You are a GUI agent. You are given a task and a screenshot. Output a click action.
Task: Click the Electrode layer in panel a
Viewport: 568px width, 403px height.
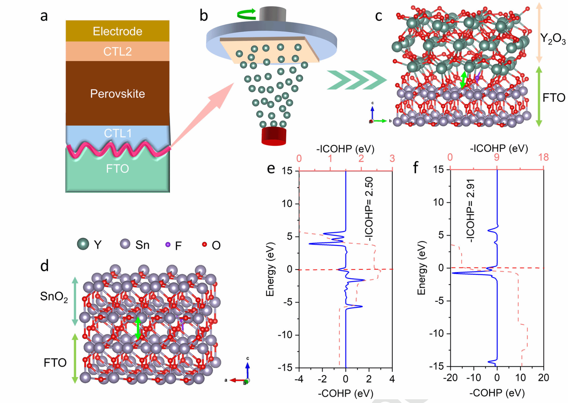[x=117, y=31]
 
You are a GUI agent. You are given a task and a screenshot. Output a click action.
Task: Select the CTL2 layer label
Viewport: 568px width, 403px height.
[x=117, y=51]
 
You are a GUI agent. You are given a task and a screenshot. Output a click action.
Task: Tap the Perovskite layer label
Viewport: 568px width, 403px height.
[x=117, y=94]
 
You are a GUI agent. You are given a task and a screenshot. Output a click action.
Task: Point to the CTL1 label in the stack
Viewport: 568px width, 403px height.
[x=117, y=133]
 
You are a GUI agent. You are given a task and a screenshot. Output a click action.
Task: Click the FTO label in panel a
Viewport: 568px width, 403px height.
[x=117, y=169]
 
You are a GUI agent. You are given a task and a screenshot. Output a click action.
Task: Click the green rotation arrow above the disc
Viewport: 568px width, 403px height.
[x=246, y=14]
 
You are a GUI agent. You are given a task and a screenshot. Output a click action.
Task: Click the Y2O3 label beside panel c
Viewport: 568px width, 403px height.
[x=553, y=39]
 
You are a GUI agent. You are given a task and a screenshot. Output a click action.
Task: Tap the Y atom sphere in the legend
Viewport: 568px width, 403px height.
[x=83, y=244]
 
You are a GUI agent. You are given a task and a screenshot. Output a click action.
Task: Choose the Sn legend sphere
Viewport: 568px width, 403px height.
[x=125, y=244]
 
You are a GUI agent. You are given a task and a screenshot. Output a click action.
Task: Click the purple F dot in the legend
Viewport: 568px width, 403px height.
[x=168, y=244]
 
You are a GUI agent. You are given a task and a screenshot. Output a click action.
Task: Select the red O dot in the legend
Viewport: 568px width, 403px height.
[x=204, y=244]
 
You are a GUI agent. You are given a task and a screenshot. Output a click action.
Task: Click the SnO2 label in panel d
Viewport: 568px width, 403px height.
[x=54, y=296]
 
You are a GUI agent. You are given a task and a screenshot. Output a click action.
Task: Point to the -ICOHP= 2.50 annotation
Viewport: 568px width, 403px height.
[x=369, y=209]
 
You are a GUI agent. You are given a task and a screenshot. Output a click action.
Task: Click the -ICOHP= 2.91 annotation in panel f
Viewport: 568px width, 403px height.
[x=470, y=211]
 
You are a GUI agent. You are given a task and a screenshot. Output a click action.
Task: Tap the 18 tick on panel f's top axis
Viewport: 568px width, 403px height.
[x=544, y=157]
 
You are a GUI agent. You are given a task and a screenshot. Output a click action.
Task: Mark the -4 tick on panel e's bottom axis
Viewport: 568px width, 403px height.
[x=299, y=379]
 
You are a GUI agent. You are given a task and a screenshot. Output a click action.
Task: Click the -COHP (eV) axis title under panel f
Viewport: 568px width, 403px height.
[x=497, y=393]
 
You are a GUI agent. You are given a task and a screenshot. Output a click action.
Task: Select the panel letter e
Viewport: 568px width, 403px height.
[x=271, y=169]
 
